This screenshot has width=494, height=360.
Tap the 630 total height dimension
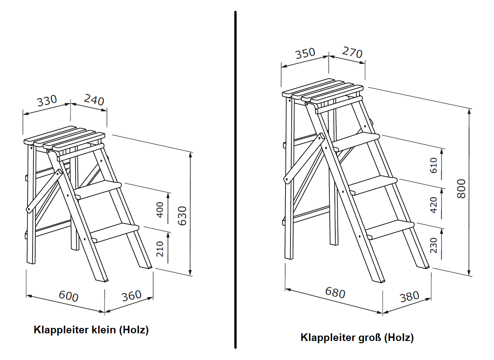182,216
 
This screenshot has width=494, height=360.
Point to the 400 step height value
160,210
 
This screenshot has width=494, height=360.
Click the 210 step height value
160,249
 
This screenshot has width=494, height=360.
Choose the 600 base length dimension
69,296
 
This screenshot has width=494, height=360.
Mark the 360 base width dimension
132,296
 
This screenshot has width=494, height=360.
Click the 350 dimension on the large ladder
305,54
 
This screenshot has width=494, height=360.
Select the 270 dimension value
352,52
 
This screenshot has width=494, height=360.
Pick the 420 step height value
434,205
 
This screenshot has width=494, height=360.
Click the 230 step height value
434,245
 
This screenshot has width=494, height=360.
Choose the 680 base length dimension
335,293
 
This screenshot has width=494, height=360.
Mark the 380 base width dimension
409,297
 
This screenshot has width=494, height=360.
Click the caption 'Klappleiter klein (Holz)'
91,330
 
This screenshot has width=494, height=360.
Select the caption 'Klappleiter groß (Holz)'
357,337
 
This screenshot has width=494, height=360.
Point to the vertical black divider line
235,181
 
